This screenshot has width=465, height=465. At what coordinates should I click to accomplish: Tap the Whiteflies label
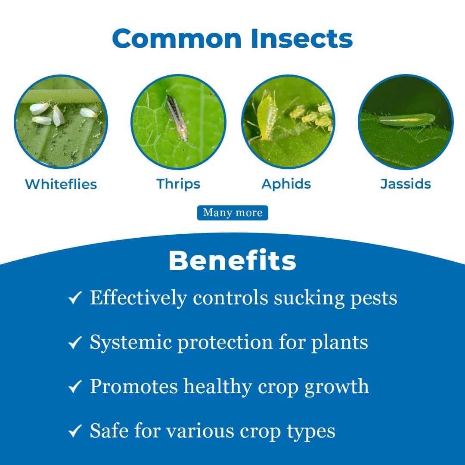[x=61, y=184]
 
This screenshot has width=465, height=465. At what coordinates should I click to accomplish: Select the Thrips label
[x=178, y=184]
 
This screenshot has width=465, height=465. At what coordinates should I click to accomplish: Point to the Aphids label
[x=286, y=184]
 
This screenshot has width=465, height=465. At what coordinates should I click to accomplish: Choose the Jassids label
[x=406, y=184]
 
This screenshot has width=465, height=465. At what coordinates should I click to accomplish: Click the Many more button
[x=232, y=213]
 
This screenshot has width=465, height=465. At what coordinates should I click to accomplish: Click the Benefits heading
[x=232, y=260]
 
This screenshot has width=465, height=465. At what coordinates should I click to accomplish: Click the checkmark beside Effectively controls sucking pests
[x=75, y=298]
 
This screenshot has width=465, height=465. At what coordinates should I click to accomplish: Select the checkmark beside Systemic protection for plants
[x=75, y=343]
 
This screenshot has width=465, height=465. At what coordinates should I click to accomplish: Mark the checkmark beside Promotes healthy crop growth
[x=75, y=387]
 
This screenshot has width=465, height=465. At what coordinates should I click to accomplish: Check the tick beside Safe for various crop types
[x=75, y=431]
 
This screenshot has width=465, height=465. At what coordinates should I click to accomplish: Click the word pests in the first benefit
[x=374, y=298]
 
